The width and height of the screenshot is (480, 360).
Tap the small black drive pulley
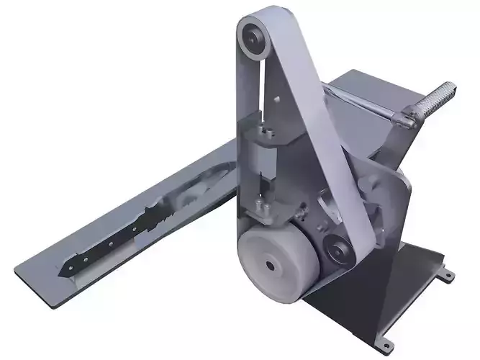338,249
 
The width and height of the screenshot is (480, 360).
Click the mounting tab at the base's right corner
448,275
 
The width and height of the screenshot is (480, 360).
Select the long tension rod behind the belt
360,101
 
